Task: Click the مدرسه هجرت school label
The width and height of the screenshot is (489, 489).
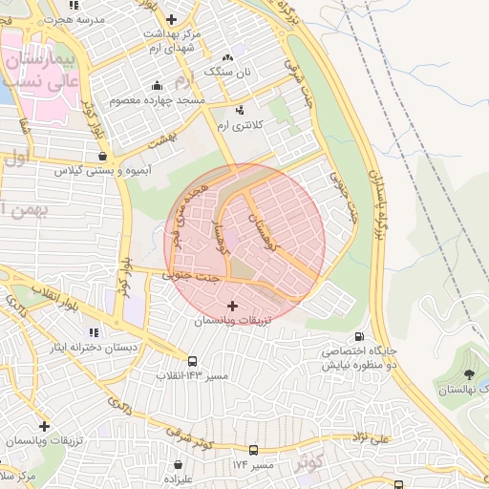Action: (76, 19)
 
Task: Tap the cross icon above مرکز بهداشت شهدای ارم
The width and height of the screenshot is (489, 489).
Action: (171, 19)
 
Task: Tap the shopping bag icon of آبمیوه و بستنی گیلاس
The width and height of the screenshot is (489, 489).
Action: (102, 157)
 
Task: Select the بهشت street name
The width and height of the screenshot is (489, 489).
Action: (163, 140)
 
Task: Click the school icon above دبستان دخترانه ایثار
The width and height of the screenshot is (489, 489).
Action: (94, 332)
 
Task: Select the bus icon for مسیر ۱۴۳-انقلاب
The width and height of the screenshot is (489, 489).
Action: (194, 362)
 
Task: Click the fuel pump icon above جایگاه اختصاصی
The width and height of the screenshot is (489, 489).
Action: (359, 336)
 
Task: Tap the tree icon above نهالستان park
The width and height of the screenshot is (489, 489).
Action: (469, 374)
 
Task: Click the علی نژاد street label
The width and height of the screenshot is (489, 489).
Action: (368, 439)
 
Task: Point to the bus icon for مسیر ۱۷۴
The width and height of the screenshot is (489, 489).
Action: (253, 450)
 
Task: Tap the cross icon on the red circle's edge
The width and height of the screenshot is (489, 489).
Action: (232, 306)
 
